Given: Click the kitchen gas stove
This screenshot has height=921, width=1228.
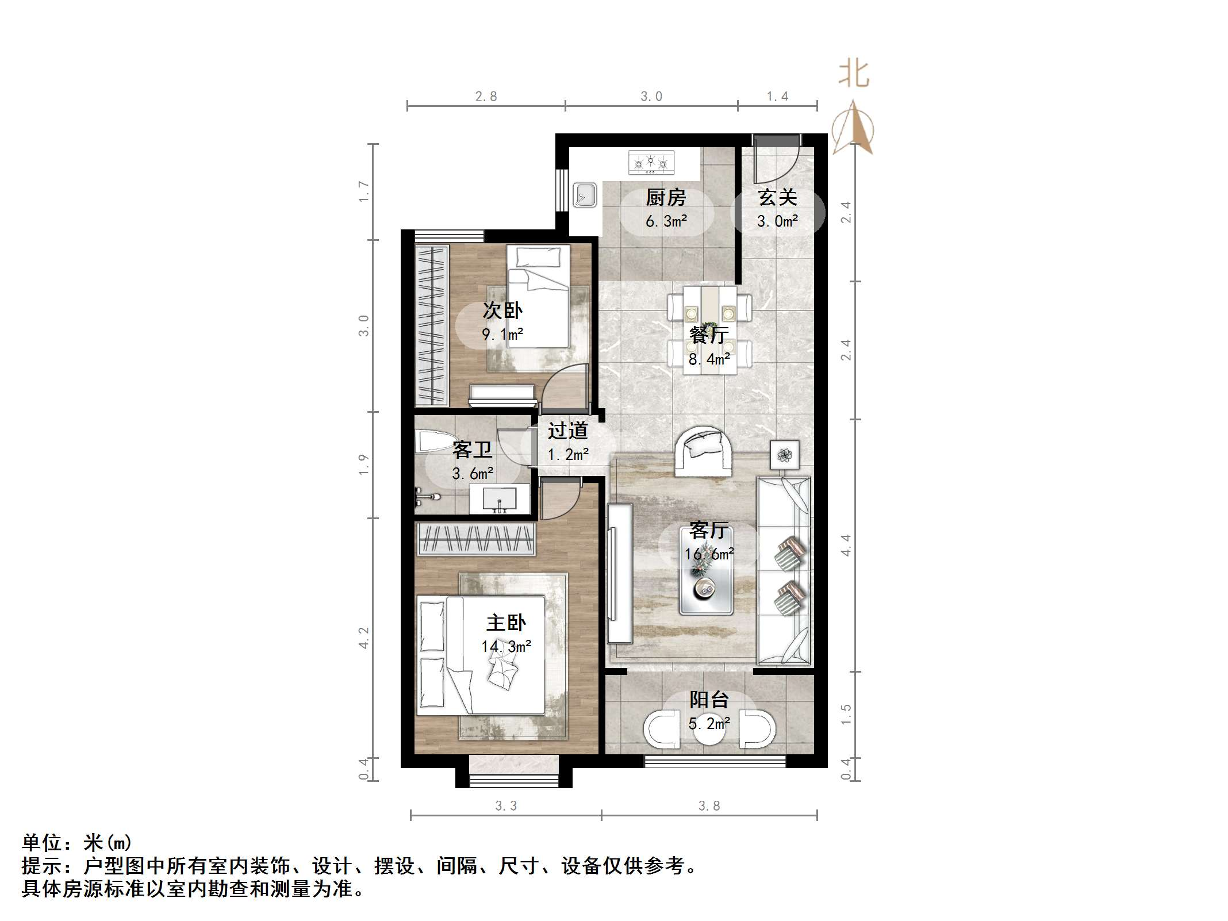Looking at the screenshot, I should [651, 163].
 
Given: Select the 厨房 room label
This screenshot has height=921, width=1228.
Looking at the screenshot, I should [666, 198].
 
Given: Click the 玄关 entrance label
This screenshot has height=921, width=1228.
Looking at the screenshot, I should [777, 198].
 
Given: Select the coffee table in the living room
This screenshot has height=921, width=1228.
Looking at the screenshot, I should [705, 571].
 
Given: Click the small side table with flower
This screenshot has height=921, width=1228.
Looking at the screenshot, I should [785, 455].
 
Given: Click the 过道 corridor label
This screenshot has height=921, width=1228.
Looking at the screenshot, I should [567, 431].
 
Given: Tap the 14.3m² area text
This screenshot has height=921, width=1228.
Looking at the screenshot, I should [506, 647].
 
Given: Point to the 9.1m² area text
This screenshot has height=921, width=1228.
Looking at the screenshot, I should [502, 335].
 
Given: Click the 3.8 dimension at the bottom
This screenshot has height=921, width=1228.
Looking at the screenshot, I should [709, 806].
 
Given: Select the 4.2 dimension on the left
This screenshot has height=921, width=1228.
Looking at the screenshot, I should [363, 638].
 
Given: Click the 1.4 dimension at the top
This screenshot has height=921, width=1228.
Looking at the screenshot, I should [777, 97].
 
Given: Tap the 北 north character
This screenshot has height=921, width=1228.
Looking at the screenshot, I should [853, 74].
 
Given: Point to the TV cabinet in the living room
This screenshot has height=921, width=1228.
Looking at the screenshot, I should [619, 573].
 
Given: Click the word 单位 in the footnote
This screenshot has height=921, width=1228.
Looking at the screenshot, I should [42, 843].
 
